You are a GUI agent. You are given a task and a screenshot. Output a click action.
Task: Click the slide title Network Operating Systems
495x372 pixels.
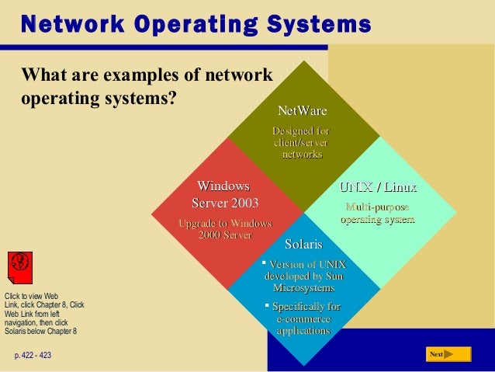click(x=195, y=24)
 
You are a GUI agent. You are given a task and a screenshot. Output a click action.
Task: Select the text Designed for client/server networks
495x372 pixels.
click(x=301, y=143)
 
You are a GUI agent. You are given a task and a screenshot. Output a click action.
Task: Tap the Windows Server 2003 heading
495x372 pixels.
click(x=224, y=195)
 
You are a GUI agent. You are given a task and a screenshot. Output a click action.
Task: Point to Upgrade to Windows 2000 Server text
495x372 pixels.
click(x=225, y=230)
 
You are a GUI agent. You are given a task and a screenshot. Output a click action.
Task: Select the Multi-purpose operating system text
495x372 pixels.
click(x=377, y=214)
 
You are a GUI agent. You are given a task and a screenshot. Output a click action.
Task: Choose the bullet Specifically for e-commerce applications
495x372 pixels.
click(x=304, y=318)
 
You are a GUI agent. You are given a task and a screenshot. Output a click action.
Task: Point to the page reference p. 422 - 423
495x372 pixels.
click(x=32, y=355)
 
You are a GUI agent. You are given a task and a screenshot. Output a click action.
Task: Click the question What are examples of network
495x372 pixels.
click(x=148, y=77)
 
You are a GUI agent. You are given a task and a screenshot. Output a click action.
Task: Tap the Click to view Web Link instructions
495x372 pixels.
click(x=43, y=314)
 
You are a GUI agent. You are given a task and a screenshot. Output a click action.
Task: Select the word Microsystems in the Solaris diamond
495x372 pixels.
click(x=303, y=288)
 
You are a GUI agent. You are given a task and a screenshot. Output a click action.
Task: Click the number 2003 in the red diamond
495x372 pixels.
click(x=241, y=203)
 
